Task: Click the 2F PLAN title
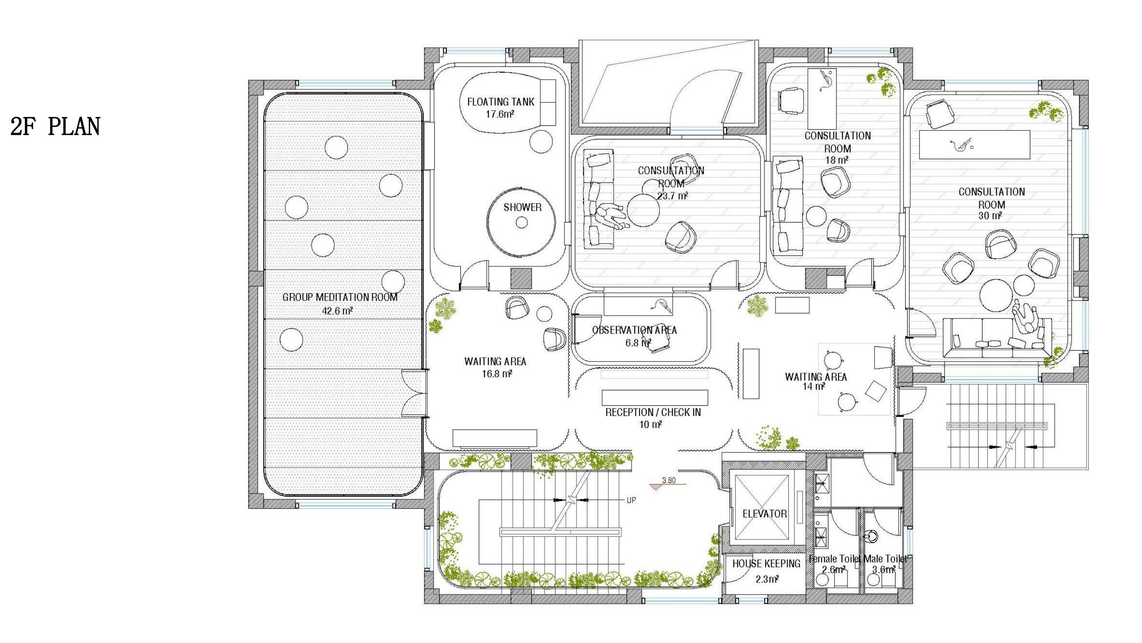(x=56, y=126)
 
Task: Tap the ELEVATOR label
(x=765, y=514)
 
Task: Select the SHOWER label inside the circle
(x=522, y=207)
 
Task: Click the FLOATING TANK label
(x=500, y=102)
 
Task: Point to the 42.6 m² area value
(x=337, y=311)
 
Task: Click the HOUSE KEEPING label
(x=766, y=564)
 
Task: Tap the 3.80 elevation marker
(x=668, y=480)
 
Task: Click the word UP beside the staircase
(x=631, y=500)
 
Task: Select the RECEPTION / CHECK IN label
(x=653, y=412)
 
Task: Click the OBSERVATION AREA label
(x=634, y=330)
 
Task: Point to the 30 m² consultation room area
(x=990, y=216)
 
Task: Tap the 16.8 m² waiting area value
(x=497, y=374)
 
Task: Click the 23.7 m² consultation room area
(x=672, y=196)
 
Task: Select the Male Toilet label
(x=885, y=559)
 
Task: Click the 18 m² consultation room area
(x=837, y=160)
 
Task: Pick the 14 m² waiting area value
(x=814, y=387)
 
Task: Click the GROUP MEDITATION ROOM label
(x=340, y=297)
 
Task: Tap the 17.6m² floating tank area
(x=500, y=115)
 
